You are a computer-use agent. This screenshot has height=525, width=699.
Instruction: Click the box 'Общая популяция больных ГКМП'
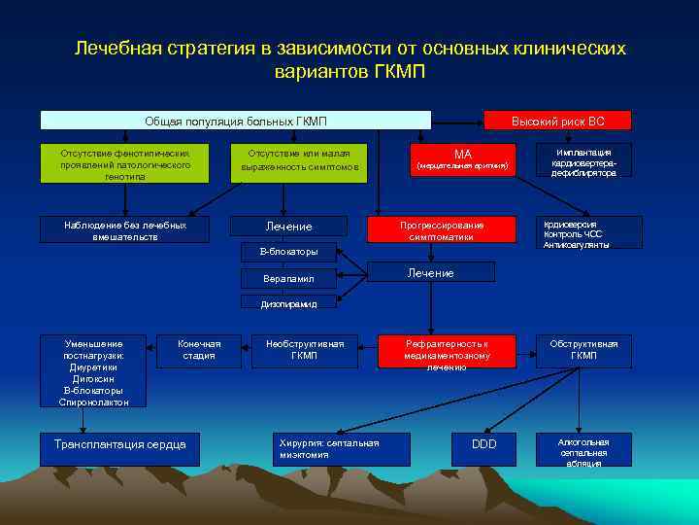[235, 121]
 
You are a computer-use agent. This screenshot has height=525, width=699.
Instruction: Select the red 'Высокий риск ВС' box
[557, 121]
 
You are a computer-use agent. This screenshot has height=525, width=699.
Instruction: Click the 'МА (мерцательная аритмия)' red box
[462, 160]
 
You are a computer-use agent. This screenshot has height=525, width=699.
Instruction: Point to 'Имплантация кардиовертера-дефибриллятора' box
[583, 162]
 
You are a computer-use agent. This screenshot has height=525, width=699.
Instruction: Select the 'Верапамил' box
[288, 279]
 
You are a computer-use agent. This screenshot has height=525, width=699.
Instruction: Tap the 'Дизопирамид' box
[288, 303]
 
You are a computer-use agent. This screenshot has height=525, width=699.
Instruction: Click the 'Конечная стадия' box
[199, 350]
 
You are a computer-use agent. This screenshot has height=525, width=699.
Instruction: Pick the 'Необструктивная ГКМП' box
[304, 350]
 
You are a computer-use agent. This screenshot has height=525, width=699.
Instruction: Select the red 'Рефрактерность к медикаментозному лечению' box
[447, 355]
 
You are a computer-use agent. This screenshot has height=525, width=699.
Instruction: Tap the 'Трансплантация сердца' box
[113, 444]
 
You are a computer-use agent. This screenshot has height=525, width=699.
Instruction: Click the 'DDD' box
[483, 444]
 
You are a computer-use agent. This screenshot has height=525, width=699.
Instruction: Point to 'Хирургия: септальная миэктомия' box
[328, 448]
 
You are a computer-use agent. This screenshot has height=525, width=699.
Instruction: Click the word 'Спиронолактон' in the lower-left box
[95, 402]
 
